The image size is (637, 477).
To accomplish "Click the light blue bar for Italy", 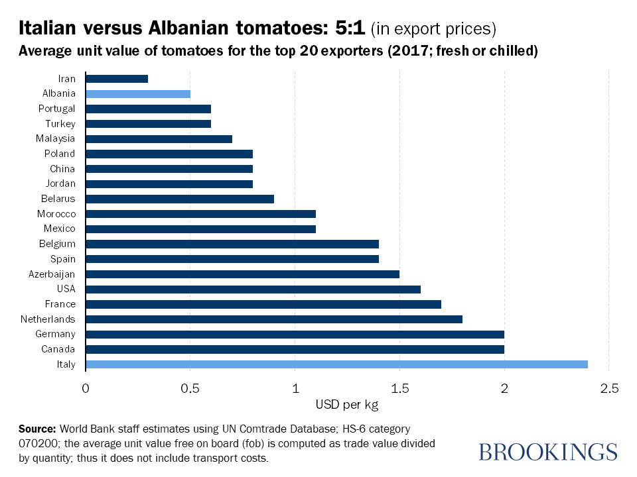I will coord(336,364).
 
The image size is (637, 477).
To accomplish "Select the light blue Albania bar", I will coord(138,94).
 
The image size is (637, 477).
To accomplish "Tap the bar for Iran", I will coord(117,79).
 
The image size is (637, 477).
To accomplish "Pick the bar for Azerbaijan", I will coord(242,274).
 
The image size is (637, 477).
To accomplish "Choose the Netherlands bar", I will coord(274,319).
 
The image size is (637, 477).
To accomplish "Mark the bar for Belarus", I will coord(180,199).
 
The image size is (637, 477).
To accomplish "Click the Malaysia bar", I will coord(159,139).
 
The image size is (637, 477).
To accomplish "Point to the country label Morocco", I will coord(56,214).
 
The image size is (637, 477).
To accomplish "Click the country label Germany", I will coord(56,334).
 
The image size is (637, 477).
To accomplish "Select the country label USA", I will coord(66,289).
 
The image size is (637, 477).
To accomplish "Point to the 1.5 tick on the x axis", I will coord(399,388).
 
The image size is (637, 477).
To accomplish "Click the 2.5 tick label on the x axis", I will coord(608,388).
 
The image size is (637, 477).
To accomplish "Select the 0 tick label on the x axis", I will coord(86,388).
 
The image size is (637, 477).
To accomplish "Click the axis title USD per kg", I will coord(347,405).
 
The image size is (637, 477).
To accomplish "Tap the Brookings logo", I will coord(547,452).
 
